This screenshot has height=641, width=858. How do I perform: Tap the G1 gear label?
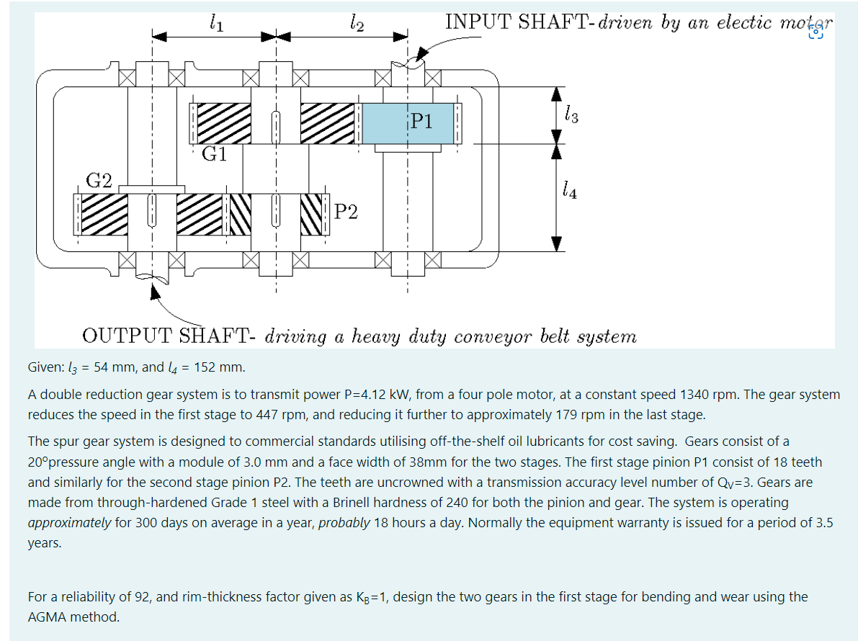click(x=214, y=154)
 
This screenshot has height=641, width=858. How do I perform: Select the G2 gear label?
click(x=99, y=180)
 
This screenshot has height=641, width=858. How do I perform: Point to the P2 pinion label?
click(x=346, y=212)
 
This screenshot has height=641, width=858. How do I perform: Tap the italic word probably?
click(x=344, y=522)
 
